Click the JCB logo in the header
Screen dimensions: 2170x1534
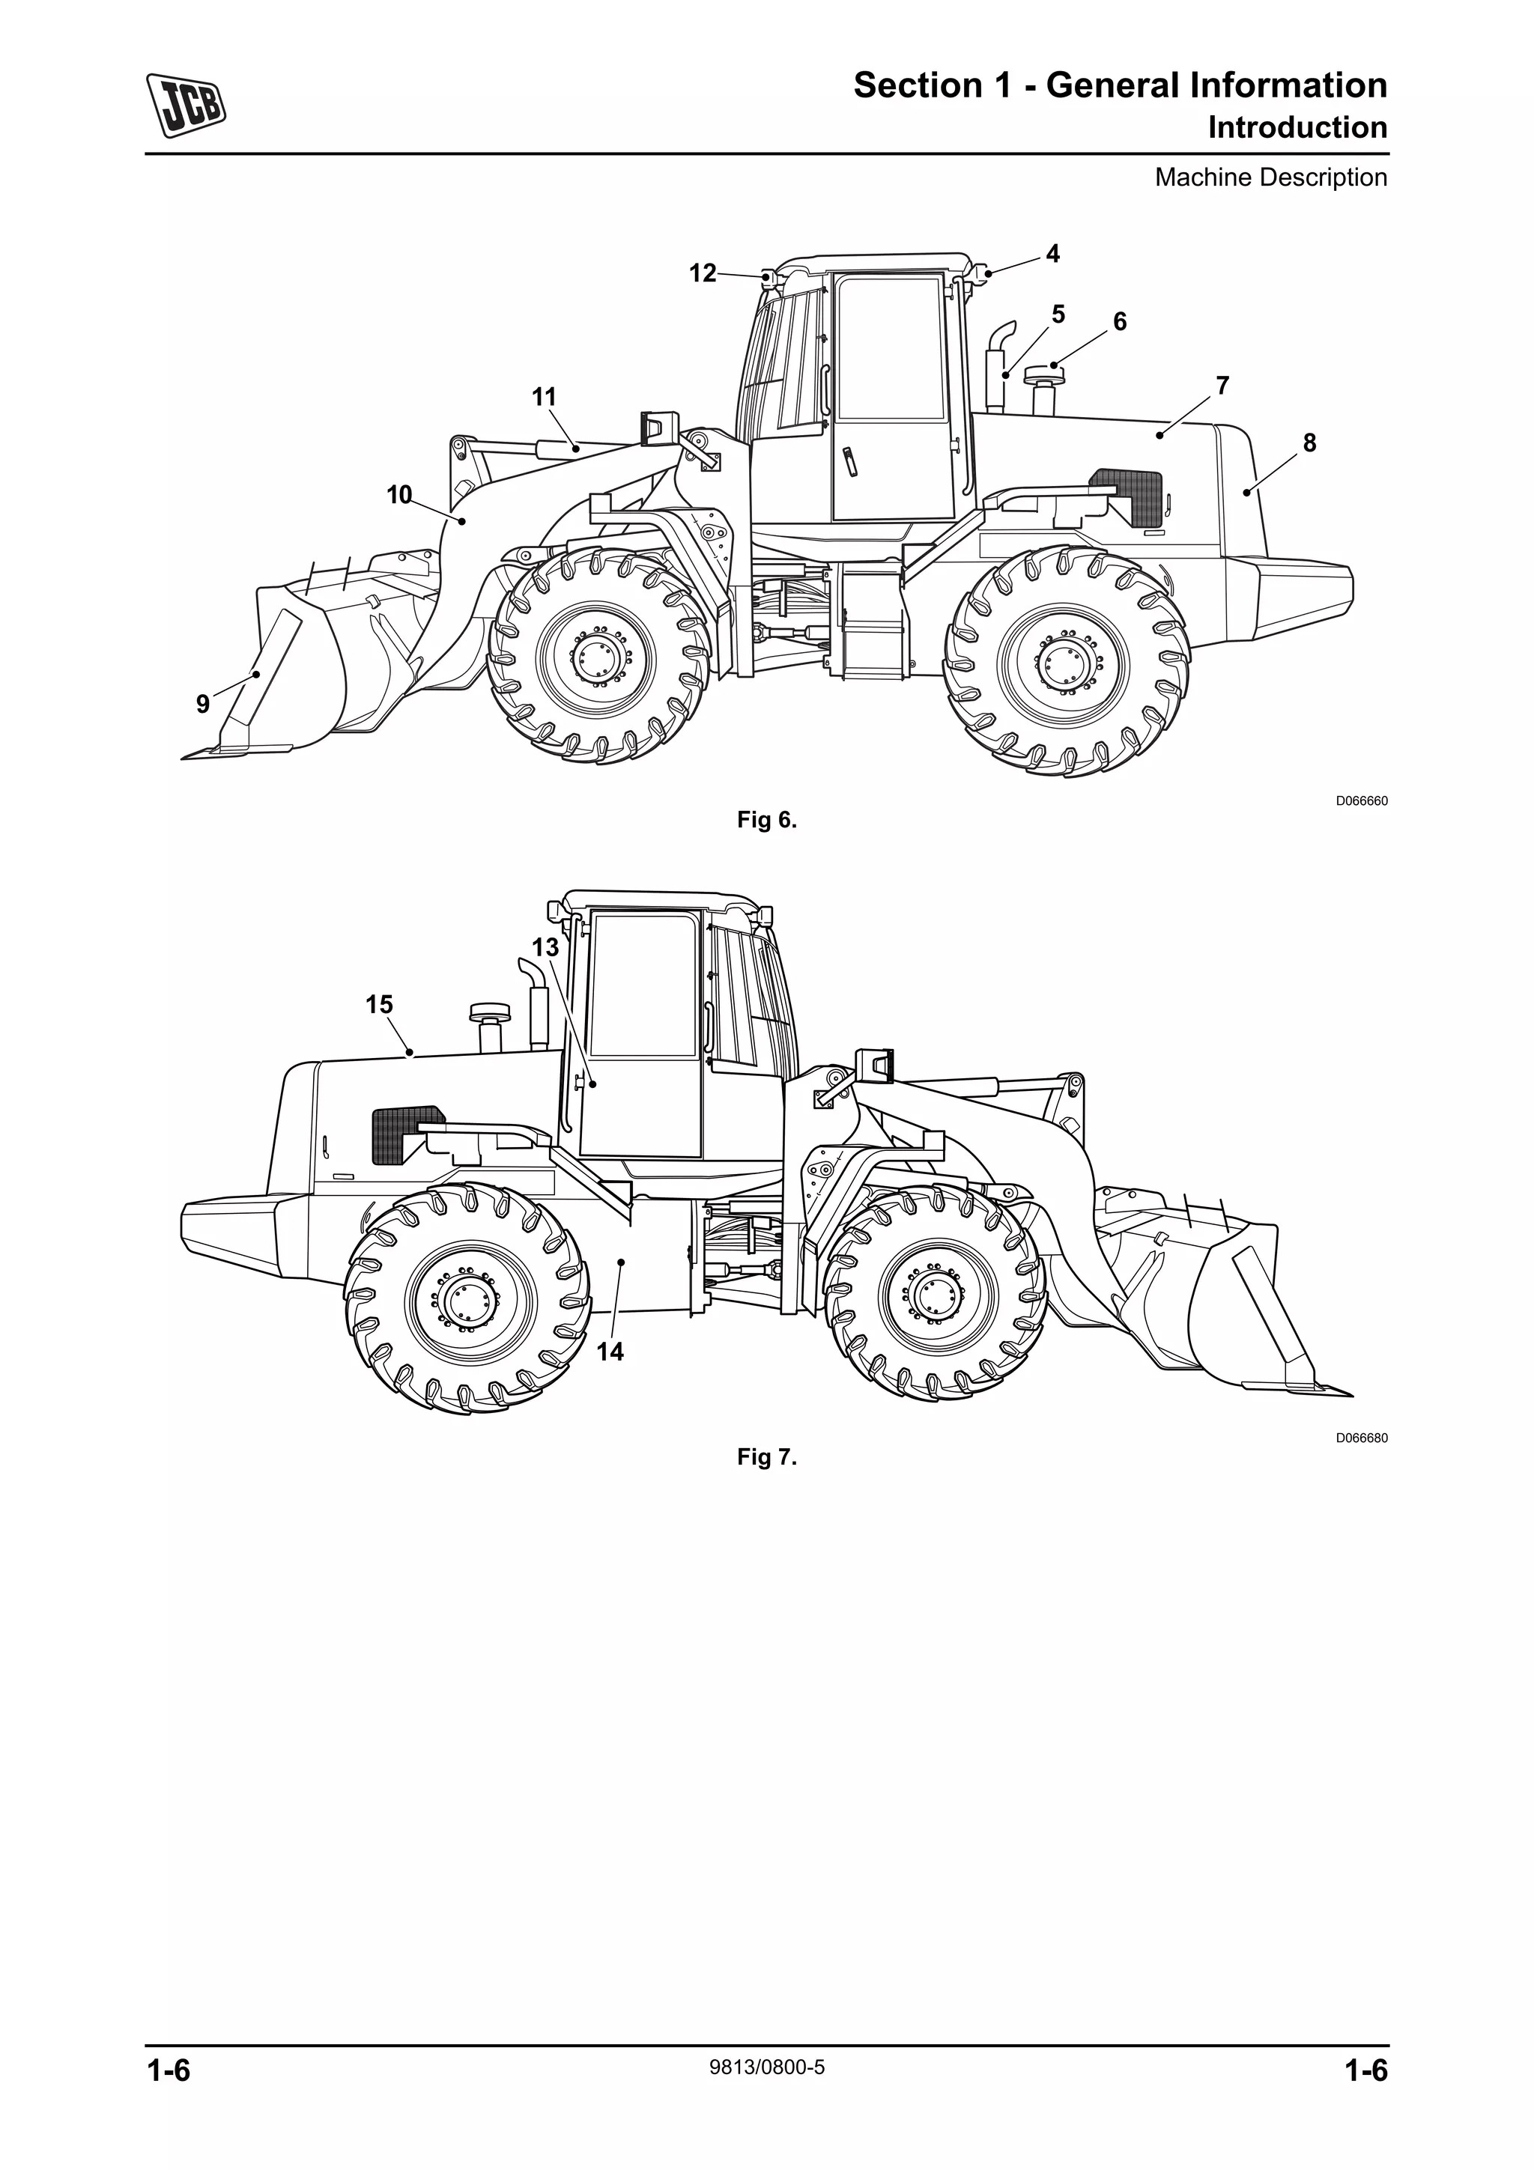187,105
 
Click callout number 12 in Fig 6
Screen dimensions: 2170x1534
703,273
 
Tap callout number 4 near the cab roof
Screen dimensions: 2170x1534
1052,253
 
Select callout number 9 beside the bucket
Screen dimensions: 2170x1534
202,703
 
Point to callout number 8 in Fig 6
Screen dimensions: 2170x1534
1309,443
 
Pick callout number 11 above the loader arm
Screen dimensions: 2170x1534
545,397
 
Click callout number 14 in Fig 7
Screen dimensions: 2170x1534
610,1352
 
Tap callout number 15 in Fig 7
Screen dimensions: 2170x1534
379,1005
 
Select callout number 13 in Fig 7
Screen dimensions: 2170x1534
545,947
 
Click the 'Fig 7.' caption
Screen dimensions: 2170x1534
766,1456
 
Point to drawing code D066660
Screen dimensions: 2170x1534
1361,801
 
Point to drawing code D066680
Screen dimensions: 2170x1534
1361,1438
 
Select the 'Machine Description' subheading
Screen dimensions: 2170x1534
1270,177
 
